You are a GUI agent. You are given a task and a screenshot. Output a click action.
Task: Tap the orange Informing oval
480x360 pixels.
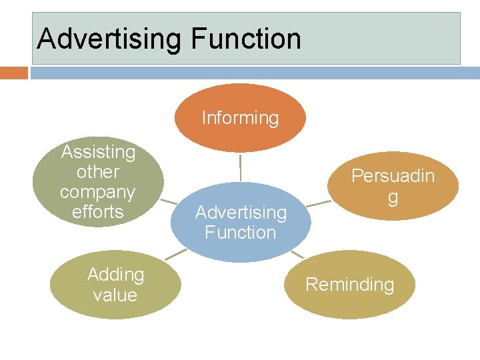(x=240, y=117)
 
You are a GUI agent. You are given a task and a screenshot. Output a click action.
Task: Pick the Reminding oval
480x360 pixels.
(x=349, y=285)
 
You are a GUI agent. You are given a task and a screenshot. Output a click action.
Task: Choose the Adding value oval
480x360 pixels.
(x=115, y=285)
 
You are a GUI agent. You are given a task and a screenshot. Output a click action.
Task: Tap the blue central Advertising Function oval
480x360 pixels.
(x=240, y=222)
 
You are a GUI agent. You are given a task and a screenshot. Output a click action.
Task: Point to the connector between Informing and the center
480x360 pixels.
(x=240, y=167)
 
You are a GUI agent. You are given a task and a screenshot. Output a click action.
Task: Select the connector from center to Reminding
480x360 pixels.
(x=298, y=254)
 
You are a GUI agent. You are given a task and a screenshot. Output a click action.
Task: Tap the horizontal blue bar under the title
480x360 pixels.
(x=253, y=73)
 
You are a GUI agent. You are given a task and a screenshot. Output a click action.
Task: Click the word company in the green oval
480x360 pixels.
(x=97, y=192)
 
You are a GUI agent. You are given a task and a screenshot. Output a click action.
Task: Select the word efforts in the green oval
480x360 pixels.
(x=97, y=212)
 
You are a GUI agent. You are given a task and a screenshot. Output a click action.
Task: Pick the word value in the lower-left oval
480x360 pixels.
(x=115, y=295)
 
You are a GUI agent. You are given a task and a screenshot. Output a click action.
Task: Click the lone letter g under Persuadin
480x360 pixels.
(x=393, y=197)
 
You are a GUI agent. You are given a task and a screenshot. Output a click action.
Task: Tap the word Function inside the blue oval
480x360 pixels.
(x=240, y=233)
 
